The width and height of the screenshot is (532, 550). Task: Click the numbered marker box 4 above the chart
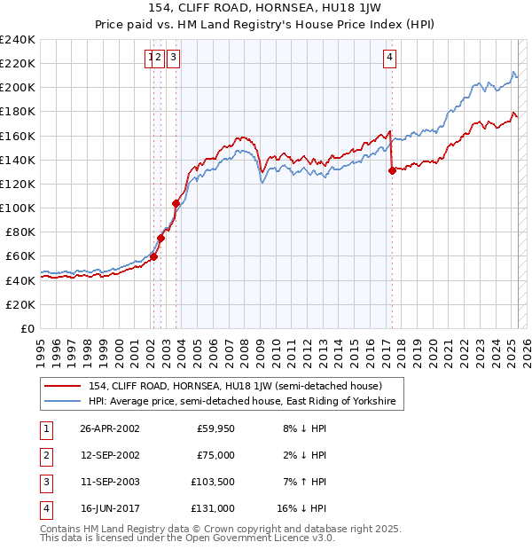pos(390,59)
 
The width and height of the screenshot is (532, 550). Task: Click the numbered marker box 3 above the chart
pos(172,59)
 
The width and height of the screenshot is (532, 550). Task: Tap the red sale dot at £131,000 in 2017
pos(392,171)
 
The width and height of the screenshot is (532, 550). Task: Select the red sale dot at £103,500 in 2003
pos(176,204)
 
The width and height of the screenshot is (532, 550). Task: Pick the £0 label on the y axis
pos(27,328)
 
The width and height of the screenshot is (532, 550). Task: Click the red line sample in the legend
pos(63,386)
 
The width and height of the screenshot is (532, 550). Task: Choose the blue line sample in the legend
pos(63,402)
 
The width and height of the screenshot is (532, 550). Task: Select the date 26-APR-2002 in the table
pos(110,428)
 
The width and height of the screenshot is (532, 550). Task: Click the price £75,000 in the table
pos(215,455)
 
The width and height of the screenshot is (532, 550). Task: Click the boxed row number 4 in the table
pos(44,508)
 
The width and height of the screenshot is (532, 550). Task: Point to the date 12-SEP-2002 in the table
pos(110,455)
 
